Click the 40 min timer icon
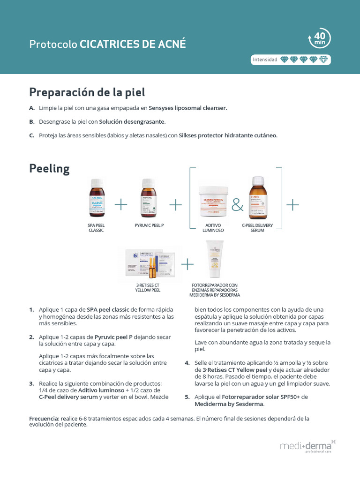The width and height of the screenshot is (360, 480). (319, 38)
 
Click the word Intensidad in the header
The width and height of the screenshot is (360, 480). (265, 60)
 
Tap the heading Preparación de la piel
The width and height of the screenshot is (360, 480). (87, 91)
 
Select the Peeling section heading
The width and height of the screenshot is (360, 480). (49, 168)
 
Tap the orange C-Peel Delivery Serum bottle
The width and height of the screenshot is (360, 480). (257, 198)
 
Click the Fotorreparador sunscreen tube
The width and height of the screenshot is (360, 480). (215, 261)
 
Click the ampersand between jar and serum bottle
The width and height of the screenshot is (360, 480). (238, 205)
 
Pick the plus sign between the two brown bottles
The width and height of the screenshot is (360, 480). (121, 204)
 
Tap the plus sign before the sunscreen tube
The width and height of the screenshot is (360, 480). (187, 264)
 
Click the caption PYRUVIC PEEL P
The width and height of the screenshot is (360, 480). (149, 225)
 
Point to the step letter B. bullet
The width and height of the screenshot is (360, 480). (32, 121)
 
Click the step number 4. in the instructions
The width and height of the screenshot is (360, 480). (187, 363)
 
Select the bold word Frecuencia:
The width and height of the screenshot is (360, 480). (44, 418)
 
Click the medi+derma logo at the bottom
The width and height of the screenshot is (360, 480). (307, 446)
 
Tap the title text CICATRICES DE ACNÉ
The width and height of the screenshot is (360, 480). (133, 44)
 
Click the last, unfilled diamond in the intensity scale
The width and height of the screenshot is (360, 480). (323, 60)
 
